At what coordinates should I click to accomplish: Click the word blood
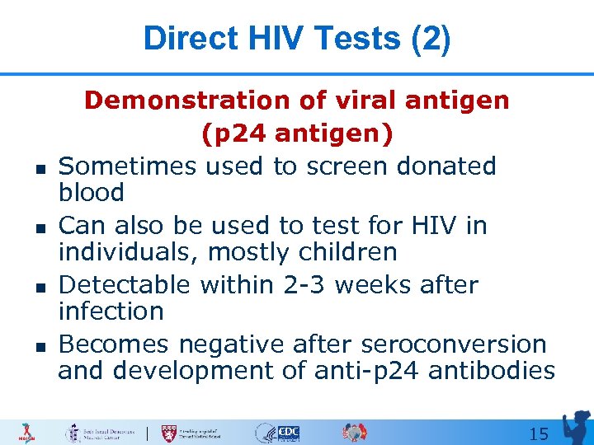click(91, 193)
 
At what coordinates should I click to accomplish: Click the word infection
click(111, 311)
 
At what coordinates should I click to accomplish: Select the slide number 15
click(538, 433)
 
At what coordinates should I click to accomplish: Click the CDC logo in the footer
click(288, 433)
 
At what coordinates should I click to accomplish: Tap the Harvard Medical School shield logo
click(171, 433)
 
